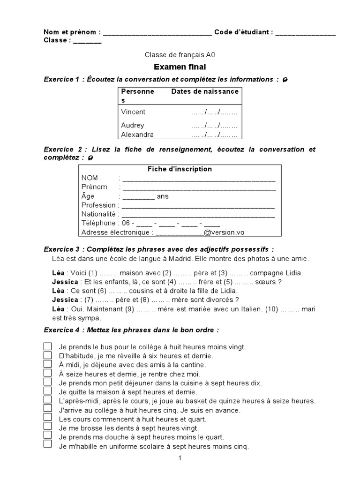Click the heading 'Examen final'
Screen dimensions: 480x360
coord(180,67)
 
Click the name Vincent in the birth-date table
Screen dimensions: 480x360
coord(133,112)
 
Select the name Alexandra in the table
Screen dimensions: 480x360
coord(137,135)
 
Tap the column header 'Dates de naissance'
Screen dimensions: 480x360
coord(205,91)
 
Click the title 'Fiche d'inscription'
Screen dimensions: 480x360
coord(180,169)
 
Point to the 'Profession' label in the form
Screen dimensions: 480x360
coord(98,205)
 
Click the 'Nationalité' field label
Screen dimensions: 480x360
coord(98,214)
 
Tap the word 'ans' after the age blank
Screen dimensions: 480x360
coord(163,196)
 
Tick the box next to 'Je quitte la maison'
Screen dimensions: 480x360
coord(48,391)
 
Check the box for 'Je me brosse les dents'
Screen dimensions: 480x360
coord(48,427)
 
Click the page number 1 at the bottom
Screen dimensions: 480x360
coord(180,458)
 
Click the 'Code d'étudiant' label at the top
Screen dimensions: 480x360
coord(243,32)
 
